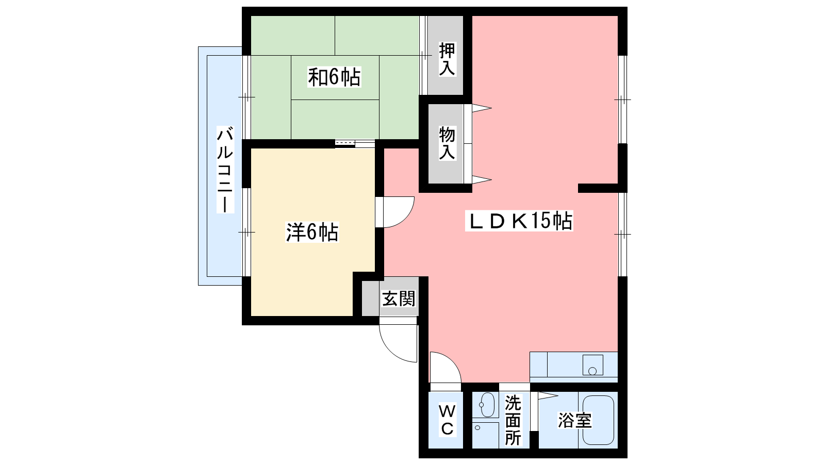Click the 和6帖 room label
coord(334,77)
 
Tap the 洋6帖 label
coord(312,232)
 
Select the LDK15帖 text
coord(519,221)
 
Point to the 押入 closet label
coord(447,59)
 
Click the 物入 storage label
coord(447,143)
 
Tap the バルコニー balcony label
coord(225,170)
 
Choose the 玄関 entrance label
coord(399,299)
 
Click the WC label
coord(447,420)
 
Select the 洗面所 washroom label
coord(513,420)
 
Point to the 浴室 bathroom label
coord(574,420)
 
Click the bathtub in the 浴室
coord(598,420)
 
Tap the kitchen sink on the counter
coord(592,365)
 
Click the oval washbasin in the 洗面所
coord(486,405)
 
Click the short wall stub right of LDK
coord(598,188)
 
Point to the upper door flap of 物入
coord(482,108)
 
